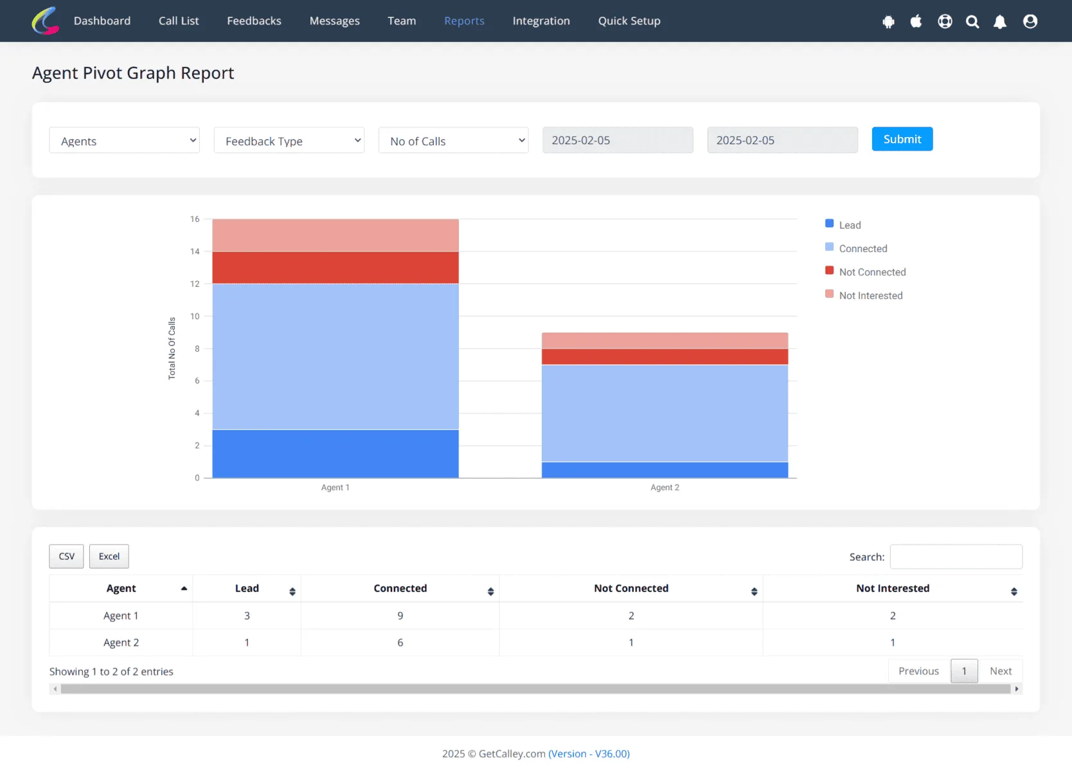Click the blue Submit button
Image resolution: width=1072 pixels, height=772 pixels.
(x=902, y=139)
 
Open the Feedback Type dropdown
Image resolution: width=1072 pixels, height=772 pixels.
(x=289, y=140)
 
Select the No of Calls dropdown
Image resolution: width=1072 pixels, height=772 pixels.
(x=453, y=140)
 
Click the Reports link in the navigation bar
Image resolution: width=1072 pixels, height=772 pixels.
(x=464, y=21)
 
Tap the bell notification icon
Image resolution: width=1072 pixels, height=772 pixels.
(x=1000, y=21)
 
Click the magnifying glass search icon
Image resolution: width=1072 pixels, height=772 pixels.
(x=972, y=21)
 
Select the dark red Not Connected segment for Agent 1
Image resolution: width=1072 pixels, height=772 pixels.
(x=335, y=267)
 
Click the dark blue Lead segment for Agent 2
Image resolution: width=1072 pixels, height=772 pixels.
(x=665, y=470)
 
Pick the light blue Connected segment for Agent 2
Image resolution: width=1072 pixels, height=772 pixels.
(x=665, y=413)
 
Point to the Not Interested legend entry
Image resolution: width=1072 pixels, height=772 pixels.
(x=864, y=295)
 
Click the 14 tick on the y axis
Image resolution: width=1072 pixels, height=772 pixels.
(x=195, y=252)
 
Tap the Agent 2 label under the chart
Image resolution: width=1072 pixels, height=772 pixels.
(x=665, y=487)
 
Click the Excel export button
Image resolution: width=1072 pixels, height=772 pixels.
(x=109, y=556)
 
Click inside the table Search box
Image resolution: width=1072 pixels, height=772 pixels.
(x=956, y=556)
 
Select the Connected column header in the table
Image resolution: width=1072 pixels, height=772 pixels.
(x=400, y=588)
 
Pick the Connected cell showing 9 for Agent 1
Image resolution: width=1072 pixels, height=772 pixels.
(x=400, y=616)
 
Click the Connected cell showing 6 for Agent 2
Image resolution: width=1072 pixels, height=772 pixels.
(x=400, y=642)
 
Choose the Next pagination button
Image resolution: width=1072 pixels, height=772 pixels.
(x=1000, y=671)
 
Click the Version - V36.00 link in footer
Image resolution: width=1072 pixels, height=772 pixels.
(x=589, y=753)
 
